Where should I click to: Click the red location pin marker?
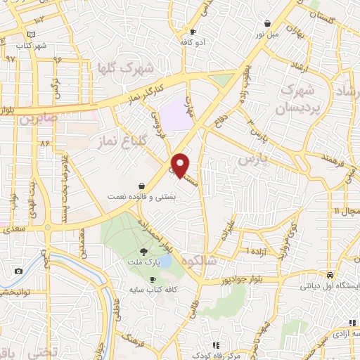tap(181, 165)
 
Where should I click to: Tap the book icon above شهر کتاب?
tap(30, 34)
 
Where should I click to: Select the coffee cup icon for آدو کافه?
tap(193, 32)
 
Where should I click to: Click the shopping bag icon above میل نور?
tap(267, 23)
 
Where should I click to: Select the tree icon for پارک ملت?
tap(144, 251)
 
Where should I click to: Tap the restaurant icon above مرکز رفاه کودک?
tap(216, 345)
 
